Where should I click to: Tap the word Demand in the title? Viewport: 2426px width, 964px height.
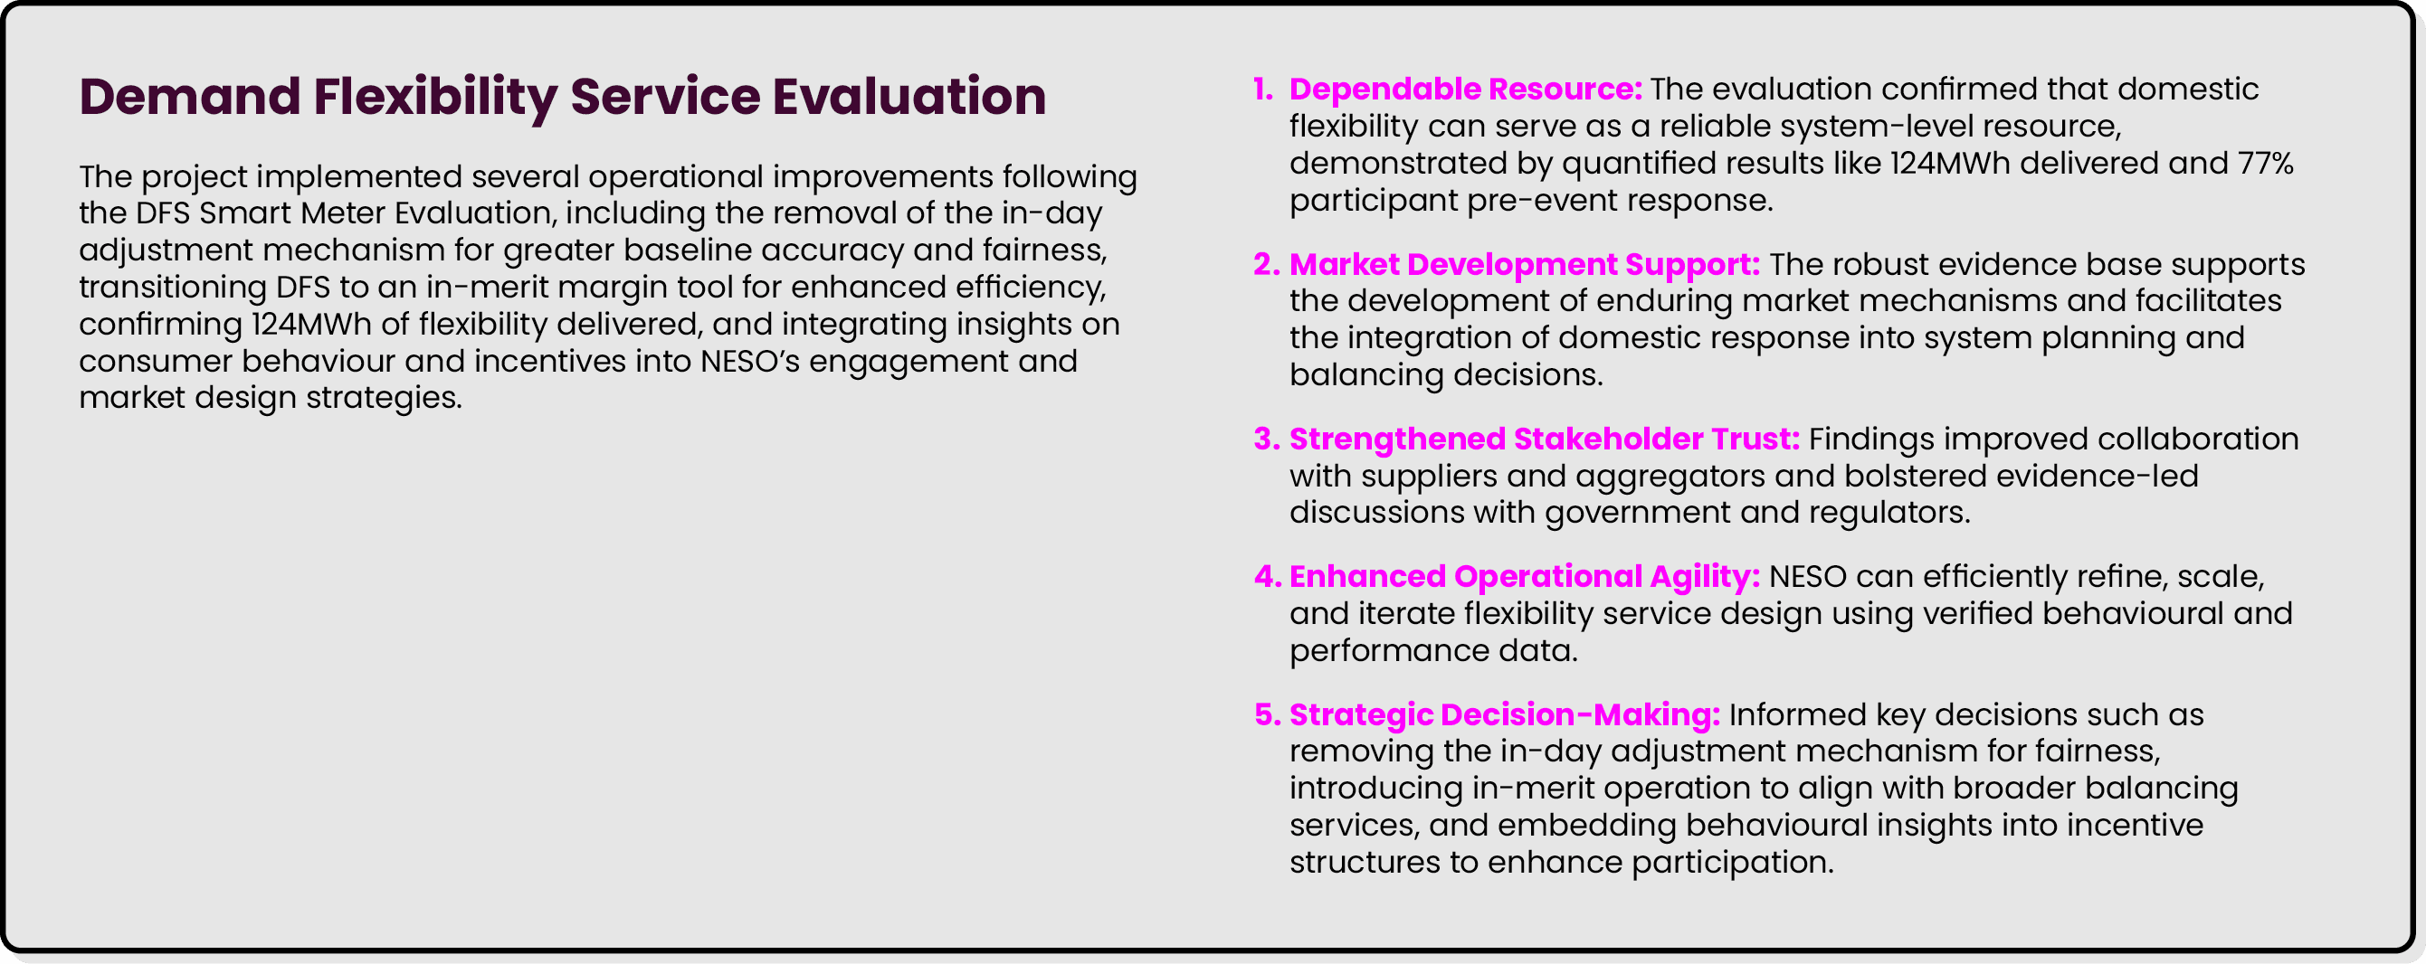189,98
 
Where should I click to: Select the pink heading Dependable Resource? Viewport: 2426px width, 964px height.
1464,90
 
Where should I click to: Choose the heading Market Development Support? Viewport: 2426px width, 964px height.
1524,265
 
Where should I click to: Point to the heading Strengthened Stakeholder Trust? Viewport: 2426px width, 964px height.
1544,439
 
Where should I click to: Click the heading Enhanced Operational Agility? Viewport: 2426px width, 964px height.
1524,577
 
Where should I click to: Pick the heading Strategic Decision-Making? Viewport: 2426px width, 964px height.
1504,715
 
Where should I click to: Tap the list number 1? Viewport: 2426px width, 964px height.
1263,90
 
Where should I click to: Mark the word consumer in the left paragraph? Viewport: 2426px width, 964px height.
155,362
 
